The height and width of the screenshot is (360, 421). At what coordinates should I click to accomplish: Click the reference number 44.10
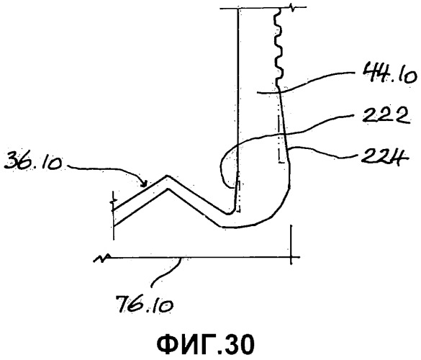[x=389, y=74]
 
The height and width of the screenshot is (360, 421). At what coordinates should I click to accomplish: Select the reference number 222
[x=386, y=116]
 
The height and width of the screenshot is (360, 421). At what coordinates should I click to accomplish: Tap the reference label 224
[x=385, y=156]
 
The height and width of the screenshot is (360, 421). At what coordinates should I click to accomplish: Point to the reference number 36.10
[x=33, y=161]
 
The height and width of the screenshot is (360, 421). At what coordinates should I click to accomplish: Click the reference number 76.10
[x=144, y=304]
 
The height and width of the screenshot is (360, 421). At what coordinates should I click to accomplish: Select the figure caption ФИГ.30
[x=205, y=345]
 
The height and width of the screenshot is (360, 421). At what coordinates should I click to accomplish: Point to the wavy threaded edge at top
[x=279, y=45]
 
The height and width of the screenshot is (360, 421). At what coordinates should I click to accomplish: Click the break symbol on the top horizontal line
[x=292, y=8]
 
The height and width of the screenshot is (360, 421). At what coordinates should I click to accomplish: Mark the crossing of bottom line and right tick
[x=291, y=257]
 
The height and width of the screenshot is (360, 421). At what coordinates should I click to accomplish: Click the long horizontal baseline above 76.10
[x=199, y=257]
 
